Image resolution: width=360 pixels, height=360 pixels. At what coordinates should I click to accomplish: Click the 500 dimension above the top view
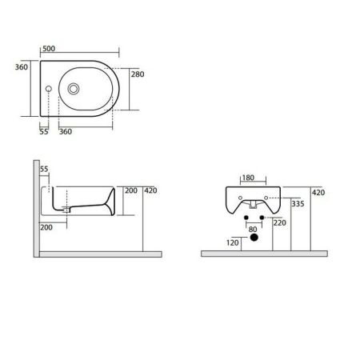click(x=50, y=49)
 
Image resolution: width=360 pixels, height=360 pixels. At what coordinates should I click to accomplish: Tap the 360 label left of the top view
click(x=21, y=67)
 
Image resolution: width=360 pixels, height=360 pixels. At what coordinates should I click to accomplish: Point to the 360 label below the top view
click(x=66, y=130)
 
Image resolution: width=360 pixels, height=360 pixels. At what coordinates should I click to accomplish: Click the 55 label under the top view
click(x=43, y=130)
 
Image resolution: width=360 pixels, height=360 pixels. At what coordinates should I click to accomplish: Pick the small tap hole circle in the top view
click(x=50, y=88)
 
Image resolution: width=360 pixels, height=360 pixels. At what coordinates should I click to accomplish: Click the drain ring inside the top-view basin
click(x=76, y=88)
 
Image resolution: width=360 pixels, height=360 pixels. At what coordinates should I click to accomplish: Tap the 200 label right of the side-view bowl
click(x=131, y=191)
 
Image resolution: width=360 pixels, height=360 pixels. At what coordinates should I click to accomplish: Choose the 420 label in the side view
click(x=151, y=191)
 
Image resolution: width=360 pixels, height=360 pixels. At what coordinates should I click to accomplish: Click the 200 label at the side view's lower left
click(x=46, y=228)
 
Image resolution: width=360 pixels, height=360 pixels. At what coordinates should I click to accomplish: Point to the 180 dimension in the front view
click(x=248, y=178)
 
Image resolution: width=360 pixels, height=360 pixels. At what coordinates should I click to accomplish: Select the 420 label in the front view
click(x=318, y=193)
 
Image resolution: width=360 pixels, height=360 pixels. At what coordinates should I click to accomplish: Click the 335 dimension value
click(x=298, y=205)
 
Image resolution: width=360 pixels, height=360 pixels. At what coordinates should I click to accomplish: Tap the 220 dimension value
click(x=279, y=223)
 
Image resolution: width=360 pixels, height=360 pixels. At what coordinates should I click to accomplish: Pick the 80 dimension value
click(x=254, y=230)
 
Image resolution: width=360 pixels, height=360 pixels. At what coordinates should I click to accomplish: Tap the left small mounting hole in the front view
click(x=246, y=216)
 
